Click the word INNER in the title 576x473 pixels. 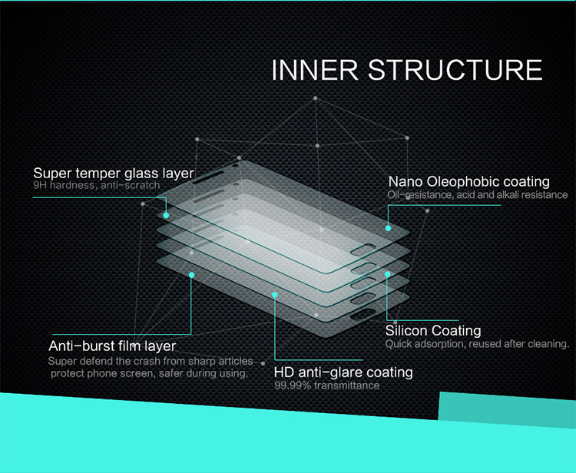315,70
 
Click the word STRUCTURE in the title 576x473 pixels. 455,70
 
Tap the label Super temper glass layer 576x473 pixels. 114,173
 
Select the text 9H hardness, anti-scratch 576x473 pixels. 97,185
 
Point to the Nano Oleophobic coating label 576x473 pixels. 469,181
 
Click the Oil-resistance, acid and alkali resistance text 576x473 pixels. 478,194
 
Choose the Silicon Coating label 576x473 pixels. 433,330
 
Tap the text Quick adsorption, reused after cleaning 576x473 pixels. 477,344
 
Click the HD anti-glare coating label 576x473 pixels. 343,372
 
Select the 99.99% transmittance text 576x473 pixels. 327,385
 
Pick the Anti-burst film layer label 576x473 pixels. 112,346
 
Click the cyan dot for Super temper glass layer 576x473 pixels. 166,215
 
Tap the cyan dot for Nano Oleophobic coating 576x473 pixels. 388,228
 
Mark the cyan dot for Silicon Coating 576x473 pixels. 387,274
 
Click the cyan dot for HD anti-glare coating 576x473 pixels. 275,295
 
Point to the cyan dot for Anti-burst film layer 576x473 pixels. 191,275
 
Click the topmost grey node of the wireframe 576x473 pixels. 315,98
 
